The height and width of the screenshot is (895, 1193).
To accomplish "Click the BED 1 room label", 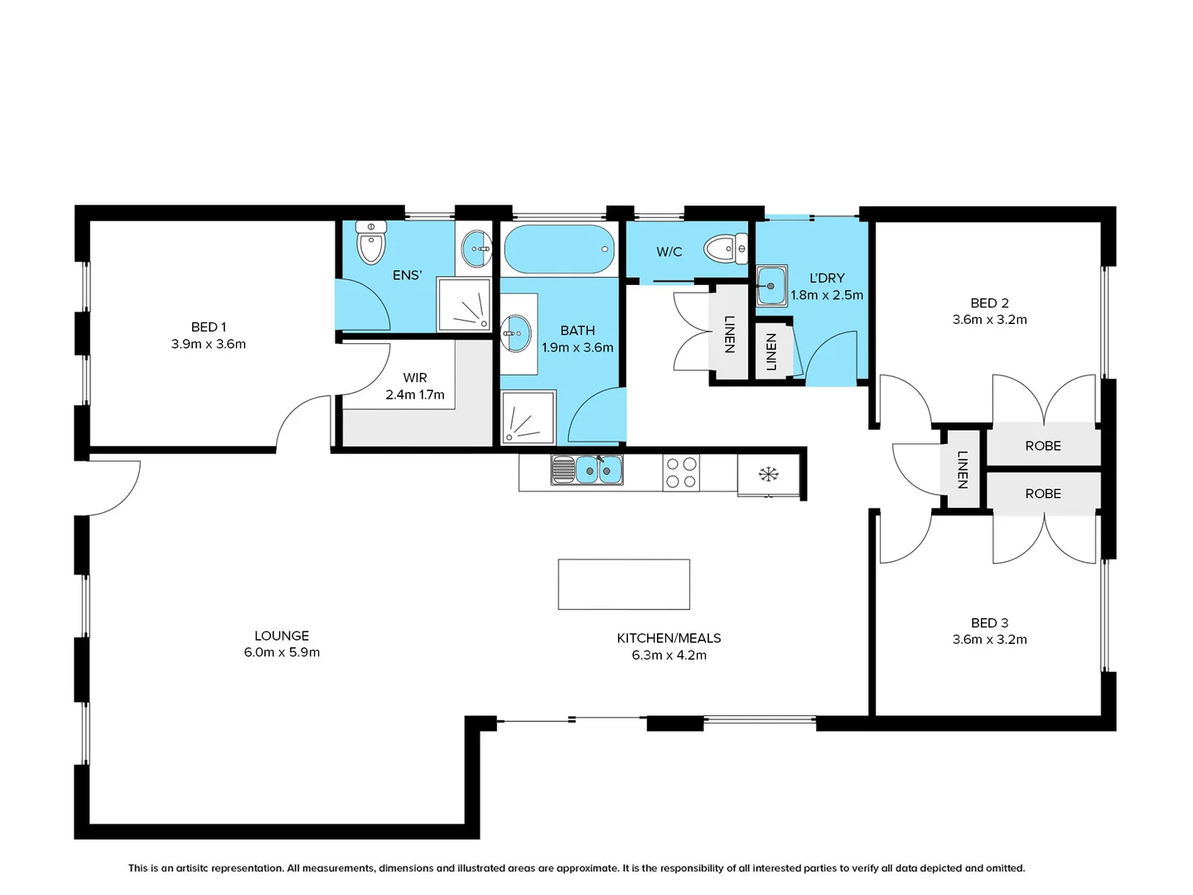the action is [x=208, y=327].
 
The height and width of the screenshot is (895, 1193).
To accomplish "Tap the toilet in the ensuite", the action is [x=370, y=242].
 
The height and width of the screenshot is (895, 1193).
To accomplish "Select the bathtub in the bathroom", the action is [x=559, y=249].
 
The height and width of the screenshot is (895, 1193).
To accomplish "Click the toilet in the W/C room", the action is [x=726, y=249].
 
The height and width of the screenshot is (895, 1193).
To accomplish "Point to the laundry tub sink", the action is [x=771, y=285].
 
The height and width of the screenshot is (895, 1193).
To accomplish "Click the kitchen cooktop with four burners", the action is [x=681, y=472].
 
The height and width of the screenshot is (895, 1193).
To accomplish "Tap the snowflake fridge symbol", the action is [x=769, y=474].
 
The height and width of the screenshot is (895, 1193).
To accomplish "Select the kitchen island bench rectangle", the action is [x=624, y=584].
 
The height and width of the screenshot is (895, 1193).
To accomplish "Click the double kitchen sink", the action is [x=587, y=470].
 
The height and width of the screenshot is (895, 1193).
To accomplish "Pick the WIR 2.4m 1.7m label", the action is [x=415, y=386].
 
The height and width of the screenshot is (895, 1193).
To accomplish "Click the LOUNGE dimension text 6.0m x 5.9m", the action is [x=282, y=652].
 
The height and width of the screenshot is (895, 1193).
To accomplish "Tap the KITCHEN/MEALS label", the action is [x=669, y=638].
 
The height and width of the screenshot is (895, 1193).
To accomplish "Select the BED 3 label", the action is [x=989, y=622].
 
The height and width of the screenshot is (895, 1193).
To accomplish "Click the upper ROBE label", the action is [x=1043, y=446].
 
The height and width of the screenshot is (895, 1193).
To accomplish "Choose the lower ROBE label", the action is [x=1043, y=493].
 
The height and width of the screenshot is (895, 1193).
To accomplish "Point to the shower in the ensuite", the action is [x=464, y=304].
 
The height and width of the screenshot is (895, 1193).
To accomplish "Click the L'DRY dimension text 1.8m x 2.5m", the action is [x=827, y=295].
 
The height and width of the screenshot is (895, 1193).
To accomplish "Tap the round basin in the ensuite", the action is [x=476, y=249].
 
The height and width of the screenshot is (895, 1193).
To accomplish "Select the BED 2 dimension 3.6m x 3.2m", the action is [x=989, y=320].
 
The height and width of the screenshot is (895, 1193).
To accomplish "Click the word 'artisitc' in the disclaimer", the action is [x=191, y=868].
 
